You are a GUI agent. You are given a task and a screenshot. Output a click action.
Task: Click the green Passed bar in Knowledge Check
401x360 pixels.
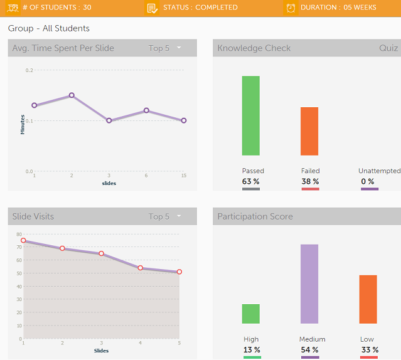click(250, 115)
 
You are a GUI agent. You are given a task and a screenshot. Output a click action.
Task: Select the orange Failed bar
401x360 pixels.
click(309, 131)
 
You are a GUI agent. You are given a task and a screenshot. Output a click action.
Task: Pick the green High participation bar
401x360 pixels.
click(251, 314)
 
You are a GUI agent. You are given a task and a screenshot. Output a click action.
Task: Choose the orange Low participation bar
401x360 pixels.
click(368, 299)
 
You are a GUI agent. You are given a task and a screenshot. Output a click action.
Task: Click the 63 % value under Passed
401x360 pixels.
click(251, 182)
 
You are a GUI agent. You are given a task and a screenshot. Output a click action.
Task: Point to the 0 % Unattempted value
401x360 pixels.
click(369, 182)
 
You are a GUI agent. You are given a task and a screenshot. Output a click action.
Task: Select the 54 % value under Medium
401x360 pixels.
click(309, 350)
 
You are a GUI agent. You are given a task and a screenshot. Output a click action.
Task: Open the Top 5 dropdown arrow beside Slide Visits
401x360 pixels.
click(179, 216)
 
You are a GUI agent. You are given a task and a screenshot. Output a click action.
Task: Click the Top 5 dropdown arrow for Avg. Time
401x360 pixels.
click(179, 48)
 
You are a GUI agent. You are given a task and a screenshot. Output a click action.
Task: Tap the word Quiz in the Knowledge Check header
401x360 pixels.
click(388, 48)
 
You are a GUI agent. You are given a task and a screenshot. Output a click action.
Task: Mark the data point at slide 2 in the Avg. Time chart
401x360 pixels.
click(72, 95)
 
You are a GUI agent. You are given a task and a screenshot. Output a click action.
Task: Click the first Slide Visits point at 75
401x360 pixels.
click(23, 240)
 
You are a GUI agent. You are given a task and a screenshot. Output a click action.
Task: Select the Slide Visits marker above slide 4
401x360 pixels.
click(141, 268)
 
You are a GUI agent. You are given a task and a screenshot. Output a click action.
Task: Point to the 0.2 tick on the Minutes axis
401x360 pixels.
click(29, 70)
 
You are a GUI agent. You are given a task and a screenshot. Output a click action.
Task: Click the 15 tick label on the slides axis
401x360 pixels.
click(183, 176)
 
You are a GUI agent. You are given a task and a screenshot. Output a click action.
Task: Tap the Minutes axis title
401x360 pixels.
click(23, 124)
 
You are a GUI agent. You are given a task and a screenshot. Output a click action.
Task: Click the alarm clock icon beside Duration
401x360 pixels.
click(291, 8)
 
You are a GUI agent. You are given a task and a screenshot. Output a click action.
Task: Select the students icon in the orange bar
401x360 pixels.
click(13, 8)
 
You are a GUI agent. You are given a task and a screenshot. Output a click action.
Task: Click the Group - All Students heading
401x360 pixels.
click(49, 28)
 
